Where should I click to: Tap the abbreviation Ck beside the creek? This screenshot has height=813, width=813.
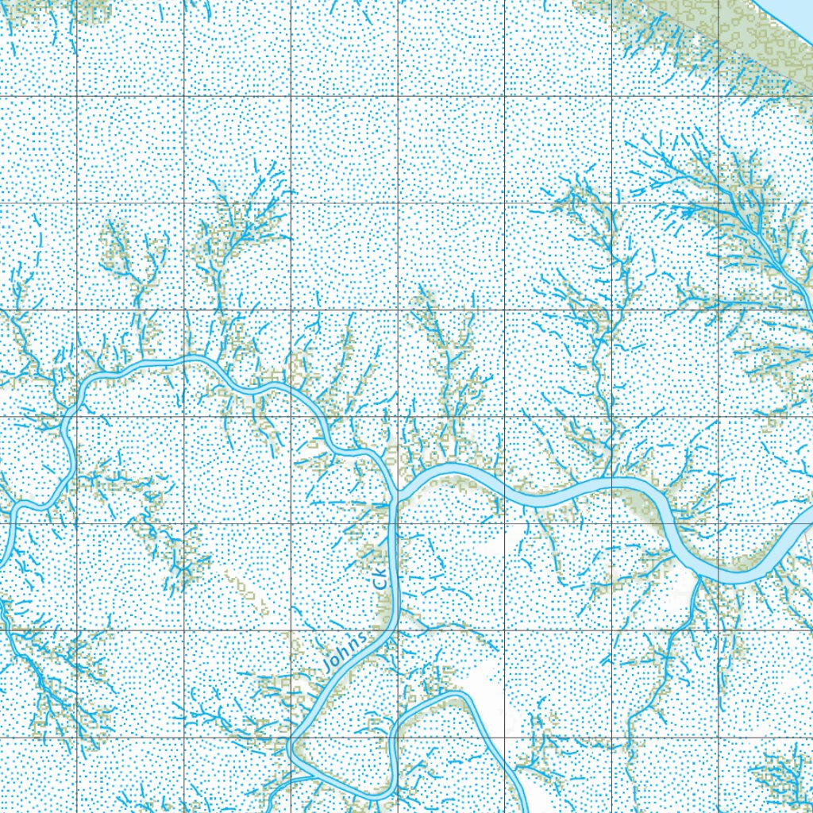pyautogui.click(x=382, y=577)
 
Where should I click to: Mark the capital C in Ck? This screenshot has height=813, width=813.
pyautogui.click(x=380, y=584)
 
